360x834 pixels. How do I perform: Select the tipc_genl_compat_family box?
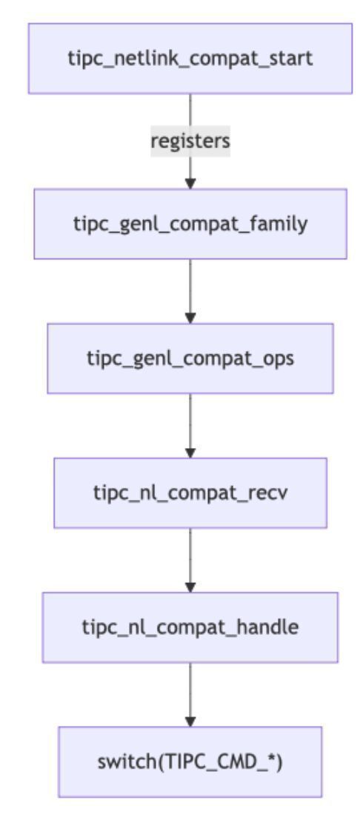190,223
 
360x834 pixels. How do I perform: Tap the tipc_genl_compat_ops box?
190,358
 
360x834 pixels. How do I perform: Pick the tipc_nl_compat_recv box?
190,492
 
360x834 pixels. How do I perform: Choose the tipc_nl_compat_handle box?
190,627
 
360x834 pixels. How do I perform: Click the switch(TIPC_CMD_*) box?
190,761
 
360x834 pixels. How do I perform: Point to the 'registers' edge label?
190,141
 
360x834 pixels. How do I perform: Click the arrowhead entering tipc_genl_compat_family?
190,184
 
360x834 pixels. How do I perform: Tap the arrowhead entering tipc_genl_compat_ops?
190,318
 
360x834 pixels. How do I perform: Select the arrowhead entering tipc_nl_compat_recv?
190,453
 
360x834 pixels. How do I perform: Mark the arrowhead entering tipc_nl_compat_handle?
190,587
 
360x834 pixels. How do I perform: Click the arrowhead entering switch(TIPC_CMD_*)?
190,721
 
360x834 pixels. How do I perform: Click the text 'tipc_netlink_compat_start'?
190,59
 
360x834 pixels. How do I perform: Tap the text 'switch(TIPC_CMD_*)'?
190,761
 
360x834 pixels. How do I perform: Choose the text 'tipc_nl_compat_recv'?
190,492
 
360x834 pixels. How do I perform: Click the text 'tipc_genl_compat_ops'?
190,358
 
